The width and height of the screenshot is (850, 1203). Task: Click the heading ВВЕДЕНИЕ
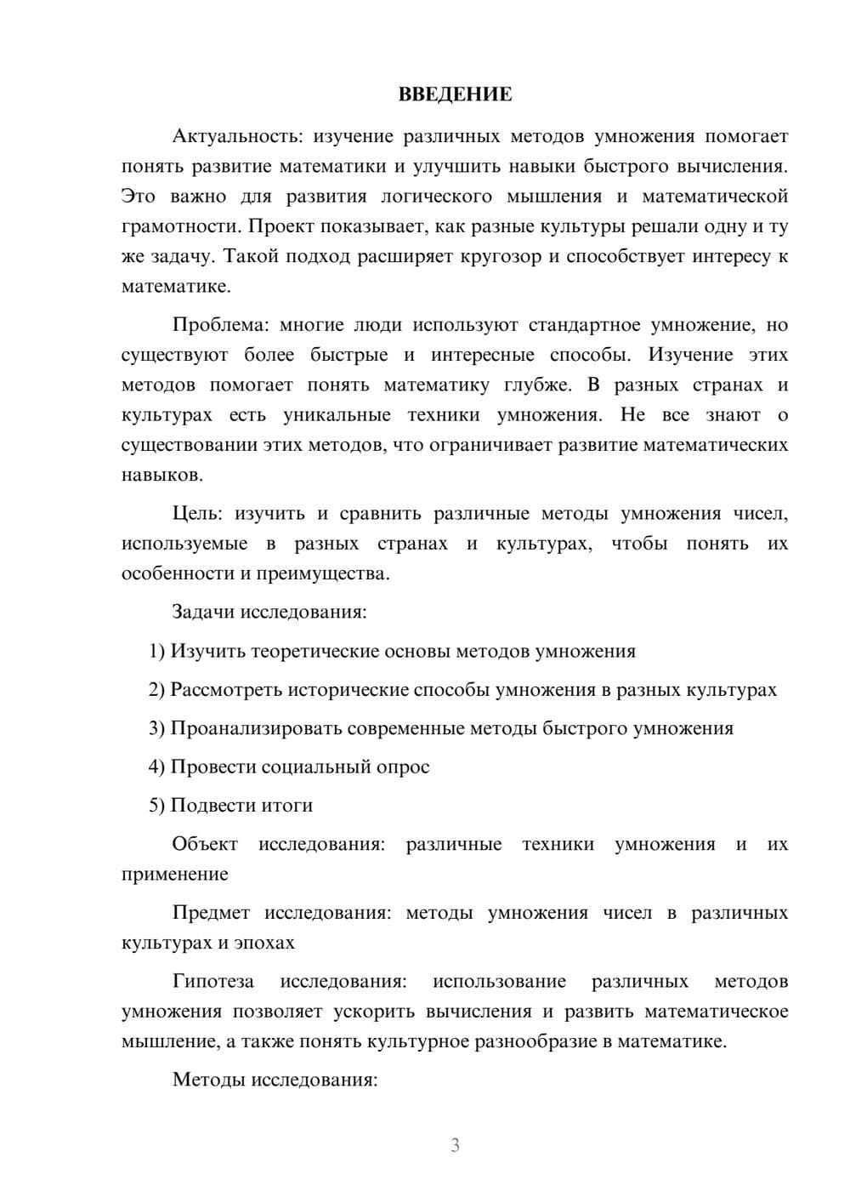[x=455, y=94]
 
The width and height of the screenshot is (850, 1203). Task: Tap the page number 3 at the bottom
[x=455, y=1145]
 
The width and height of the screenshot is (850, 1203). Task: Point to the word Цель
[x=196, y=514]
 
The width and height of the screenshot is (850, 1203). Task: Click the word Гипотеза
[x=212, y=982]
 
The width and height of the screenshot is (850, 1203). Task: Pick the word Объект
[x=205, y=844]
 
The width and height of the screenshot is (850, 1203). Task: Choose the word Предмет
[x=211, y=913]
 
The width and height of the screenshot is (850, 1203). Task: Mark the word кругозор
[x=502, y=256]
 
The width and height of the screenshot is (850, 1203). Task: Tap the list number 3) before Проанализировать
[x=157, y=728]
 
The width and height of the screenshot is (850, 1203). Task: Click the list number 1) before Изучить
[x=157, y=651]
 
